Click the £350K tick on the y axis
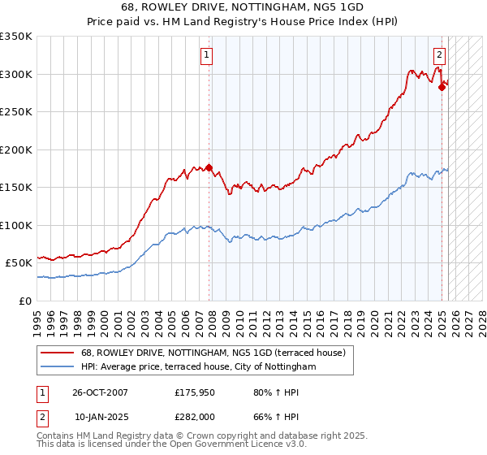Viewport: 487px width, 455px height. (16, 37)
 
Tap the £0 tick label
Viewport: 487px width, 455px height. (24, 301)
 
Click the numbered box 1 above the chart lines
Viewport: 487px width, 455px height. (207, 56)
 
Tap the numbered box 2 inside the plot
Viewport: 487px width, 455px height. (439, 56)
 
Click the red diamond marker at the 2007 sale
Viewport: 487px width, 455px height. (209, 168)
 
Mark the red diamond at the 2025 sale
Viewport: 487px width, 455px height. (442, 88)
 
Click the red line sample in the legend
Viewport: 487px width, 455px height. (58, 353)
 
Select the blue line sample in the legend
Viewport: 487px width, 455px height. (58, 367)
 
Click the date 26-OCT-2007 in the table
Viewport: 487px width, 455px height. (100, 392)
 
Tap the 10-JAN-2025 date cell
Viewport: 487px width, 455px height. (100, 417)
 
